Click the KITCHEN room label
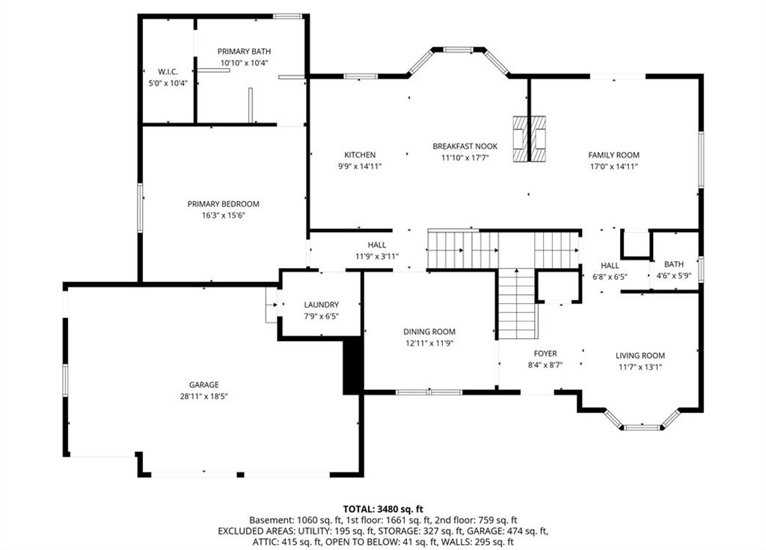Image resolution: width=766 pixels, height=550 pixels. (x=360, y=155)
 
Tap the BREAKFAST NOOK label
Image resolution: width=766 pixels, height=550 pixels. (x=465, y=146)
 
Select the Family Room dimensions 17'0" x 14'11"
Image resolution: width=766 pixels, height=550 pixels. (x=613, y=166)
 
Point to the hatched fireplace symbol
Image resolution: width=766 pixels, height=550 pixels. (x=529, y=139)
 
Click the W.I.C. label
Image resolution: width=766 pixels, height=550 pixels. (x=168, y=72)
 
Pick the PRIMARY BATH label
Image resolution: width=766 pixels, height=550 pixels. (x=244, y=52)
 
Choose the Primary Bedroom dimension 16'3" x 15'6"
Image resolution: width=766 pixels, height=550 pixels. (x=223, y=215)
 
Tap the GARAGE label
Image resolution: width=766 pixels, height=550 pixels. (x=203, y=385)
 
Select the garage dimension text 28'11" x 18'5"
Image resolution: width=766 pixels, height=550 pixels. (x=203, y=396)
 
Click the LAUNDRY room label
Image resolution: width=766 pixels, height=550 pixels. (x=321, y=305)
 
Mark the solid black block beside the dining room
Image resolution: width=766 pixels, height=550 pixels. (x=353, y=366)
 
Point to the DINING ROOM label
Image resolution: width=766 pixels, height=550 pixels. (x=429, y=331)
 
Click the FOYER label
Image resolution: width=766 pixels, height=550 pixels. (x=545, y=353)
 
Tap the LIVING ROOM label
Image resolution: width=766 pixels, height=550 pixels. (x=640, y=355)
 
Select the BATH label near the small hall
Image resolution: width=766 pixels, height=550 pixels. (x=674, y=264)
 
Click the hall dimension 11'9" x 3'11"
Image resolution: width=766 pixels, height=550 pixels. (x=377, y=256)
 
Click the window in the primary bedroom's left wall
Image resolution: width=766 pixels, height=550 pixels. (x=140, y=207)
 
